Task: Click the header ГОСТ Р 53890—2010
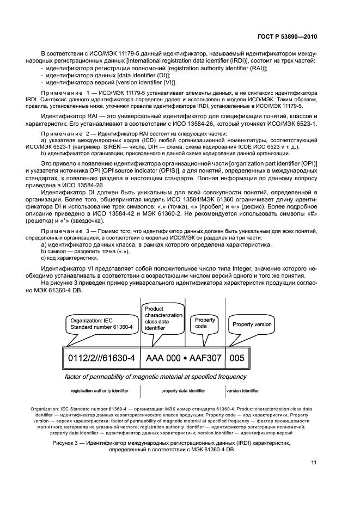coord(287,36)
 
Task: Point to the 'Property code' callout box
coord(205,323)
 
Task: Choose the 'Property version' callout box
coord(252,324)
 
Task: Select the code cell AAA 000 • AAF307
coord(183,359)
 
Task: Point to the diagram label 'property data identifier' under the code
coord(183,390)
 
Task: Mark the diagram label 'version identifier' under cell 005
coord(242,390)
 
